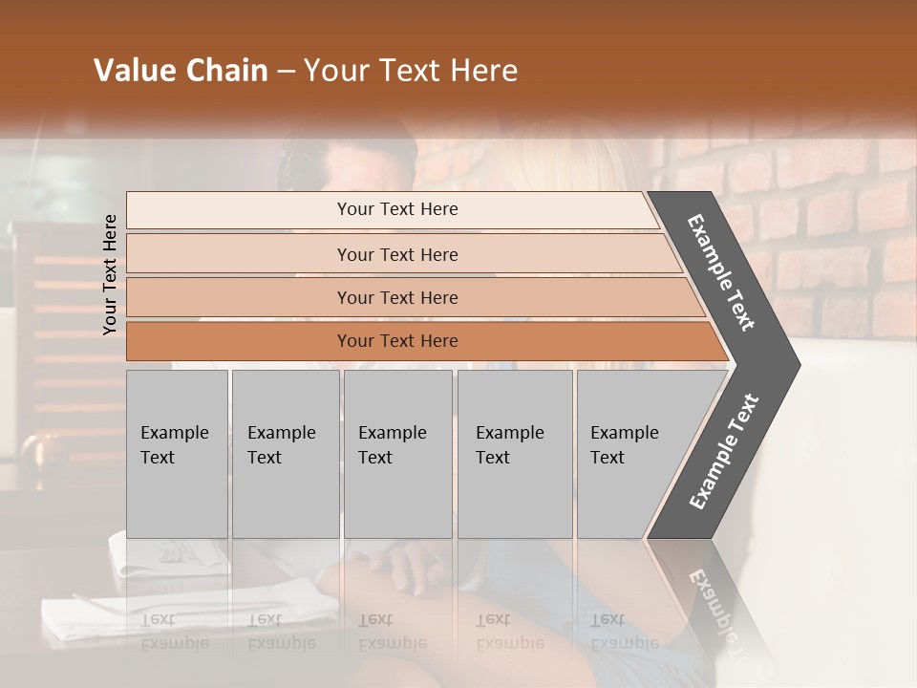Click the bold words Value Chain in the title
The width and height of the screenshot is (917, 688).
181,71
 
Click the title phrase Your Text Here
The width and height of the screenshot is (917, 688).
411,71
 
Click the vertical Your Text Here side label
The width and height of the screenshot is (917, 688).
110,274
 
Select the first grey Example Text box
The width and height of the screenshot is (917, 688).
177,454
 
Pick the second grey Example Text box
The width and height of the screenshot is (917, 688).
285,454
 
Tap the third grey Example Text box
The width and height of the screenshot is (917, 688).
397,454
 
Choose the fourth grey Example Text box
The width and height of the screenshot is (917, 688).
514,454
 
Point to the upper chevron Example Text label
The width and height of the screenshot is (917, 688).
721,272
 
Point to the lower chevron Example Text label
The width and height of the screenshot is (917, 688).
723,452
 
